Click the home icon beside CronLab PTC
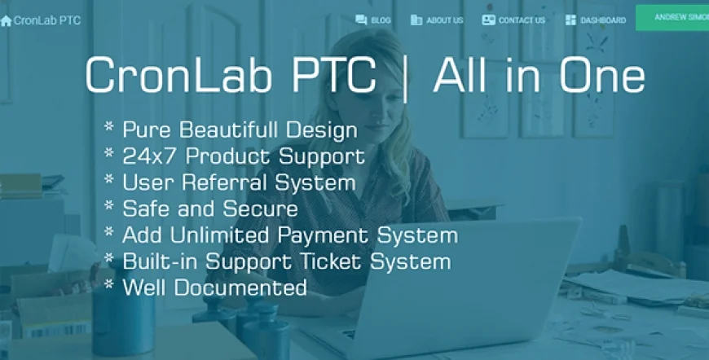7,20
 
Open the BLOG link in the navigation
380,20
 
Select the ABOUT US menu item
444,20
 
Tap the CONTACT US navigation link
521,20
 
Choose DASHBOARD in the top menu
602,20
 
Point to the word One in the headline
603,77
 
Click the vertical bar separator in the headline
405,77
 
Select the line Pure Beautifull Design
239,130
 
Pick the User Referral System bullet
238,182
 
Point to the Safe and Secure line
209,209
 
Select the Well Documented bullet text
214,288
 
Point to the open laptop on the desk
456,285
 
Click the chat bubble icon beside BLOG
361,20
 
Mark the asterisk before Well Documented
109,285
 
